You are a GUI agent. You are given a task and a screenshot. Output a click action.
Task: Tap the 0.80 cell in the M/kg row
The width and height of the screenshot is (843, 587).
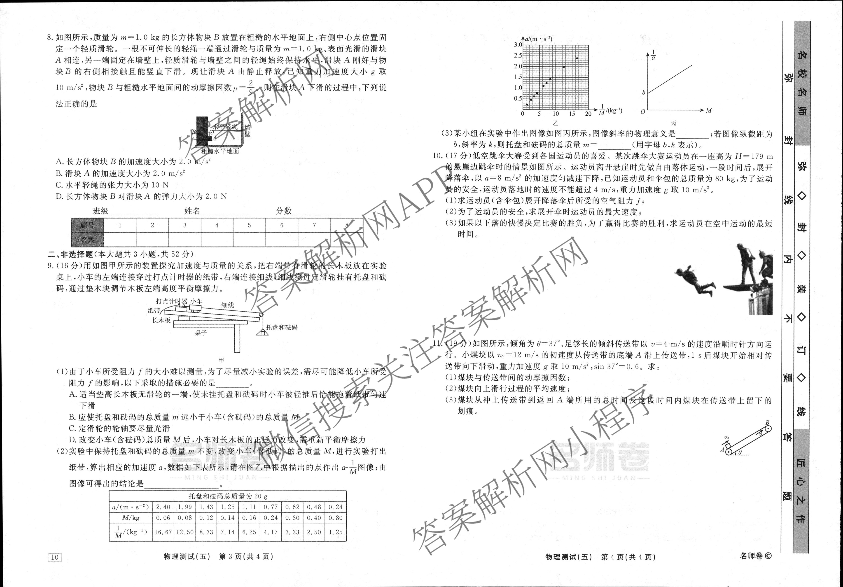click(335, 518)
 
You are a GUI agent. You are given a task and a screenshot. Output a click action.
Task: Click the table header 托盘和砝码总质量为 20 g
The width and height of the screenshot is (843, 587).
click(228, 496)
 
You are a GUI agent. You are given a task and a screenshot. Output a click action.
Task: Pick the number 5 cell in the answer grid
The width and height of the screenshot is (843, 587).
click(249, 225)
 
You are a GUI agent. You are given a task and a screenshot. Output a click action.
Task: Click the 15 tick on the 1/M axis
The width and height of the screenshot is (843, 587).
click(572, 114)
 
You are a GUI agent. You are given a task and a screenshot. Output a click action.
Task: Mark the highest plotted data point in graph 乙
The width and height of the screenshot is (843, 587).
click(577, 58)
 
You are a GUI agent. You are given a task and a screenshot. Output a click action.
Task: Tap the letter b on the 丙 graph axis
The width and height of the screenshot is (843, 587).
click(643, 93)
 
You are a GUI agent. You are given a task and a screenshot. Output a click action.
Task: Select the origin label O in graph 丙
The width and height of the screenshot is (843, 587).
click(642, 112)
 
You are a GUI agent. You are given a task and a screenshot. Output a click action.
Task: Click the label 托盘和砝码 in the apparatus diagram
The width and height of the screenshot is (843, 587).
click(282, 327)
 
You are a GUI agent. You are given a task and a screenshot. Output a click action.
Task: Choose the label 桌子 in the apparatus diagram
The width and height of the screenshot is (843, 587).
click(201, 333)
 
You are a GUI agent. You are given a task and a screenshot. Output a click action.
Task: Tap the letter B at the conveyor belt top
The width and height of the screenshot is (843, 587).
click(767, 423)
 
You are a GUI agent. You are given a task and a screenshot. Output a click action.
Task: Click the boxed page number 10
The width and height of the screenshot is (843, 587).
click(54, 557)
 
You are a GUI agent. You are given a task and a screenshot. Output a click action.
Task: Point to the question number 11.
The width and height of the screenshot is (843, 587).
click(437, 344)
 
